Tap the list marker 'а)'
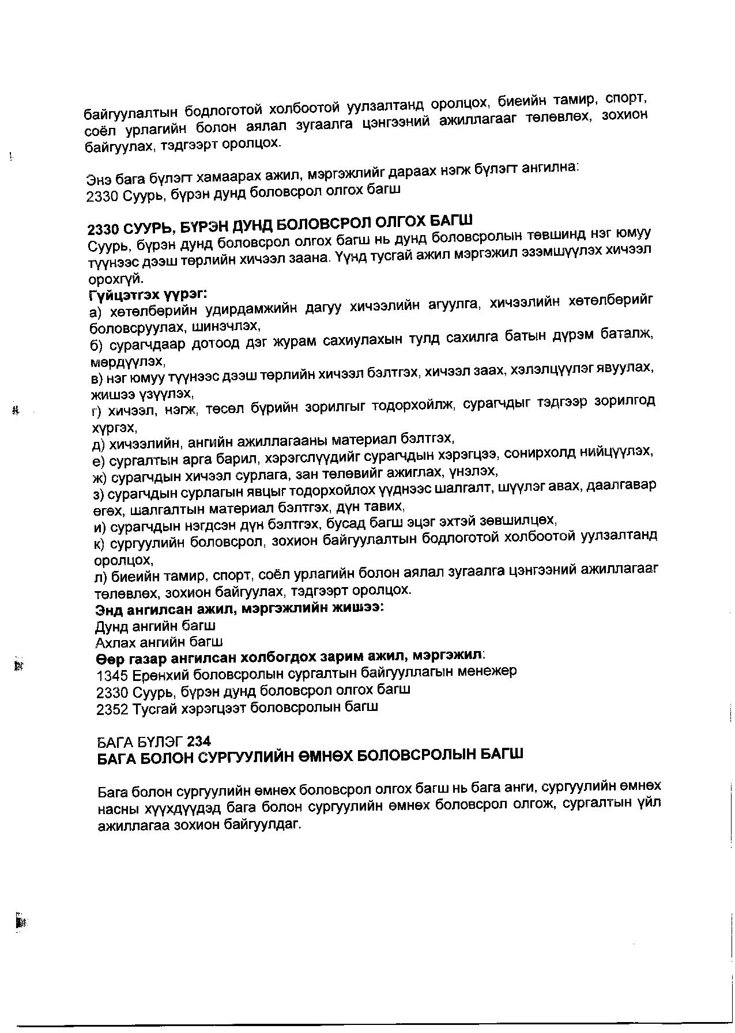click(x=96, y=312)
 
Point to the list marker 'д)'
click(x=99, y=444)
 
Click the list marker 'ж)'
click(x=100, y=477)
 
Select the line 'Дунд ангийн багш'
click(x=155, y=625)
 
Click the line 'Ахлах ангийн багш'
click(x=159, y=641)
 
